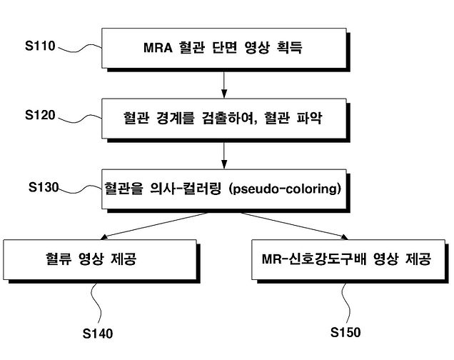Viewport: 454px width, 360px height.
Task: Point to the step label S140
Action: pyautogui.click(x=98, y=334)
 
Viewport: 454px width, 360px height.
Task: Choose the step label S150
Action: pyautogui.click(x=345, y=332)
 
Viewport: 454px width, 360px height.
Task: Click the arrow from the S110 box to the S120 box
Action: pyautogui.click(x=225, y=84)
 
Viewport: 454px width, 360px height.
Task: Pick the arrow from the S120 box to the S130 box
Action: pyautogui.click(x=225, y=153)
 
